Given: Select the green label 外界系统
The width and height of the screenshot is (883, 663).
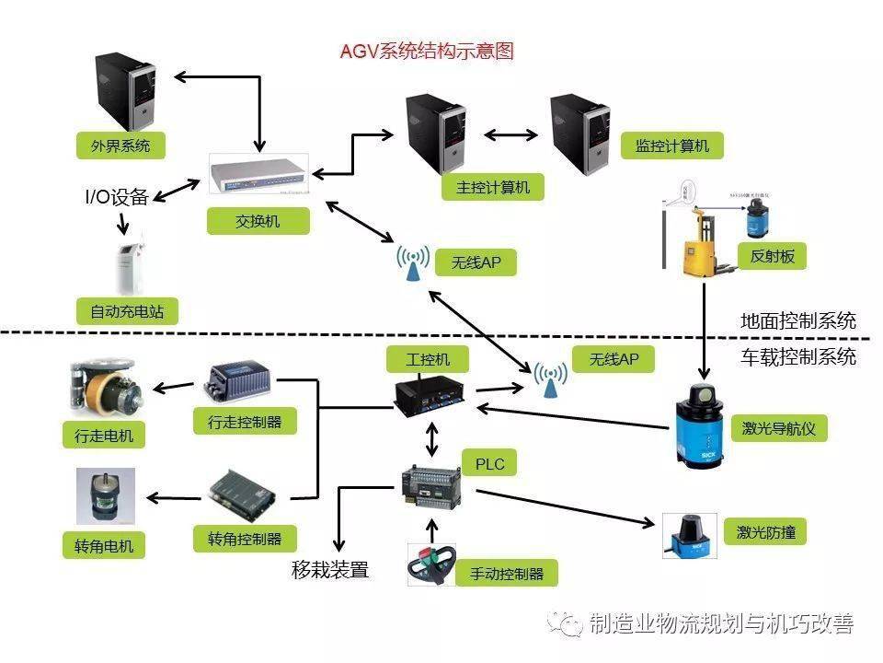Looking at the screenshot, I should (120, 145).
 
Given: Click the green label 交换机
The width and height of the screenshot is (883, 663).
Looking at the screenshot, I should (258, 221).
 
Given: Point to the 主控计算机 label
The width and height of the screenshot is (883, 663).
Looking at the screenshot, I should (493, 187).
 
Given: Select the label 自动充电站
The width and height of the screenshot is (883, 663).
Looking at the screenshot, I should (127, 310).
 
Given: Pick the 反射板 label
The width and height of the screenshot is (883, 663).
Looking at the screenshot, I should (772, 256).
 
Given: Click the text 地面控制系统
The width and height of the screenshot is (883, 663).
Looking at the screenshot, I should (797, 320).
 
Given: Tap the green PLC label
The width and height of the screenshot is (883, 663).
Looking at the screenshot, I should (489, 463).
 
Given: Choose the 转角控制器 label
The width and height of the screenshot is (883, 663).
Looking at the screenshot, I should (245, 539).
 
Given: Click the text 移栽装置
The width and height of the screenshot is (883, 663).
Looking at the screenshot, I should (330, 570).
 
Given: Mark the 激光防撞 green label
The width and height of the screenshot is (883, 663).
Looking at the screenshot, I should (765, 531).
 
